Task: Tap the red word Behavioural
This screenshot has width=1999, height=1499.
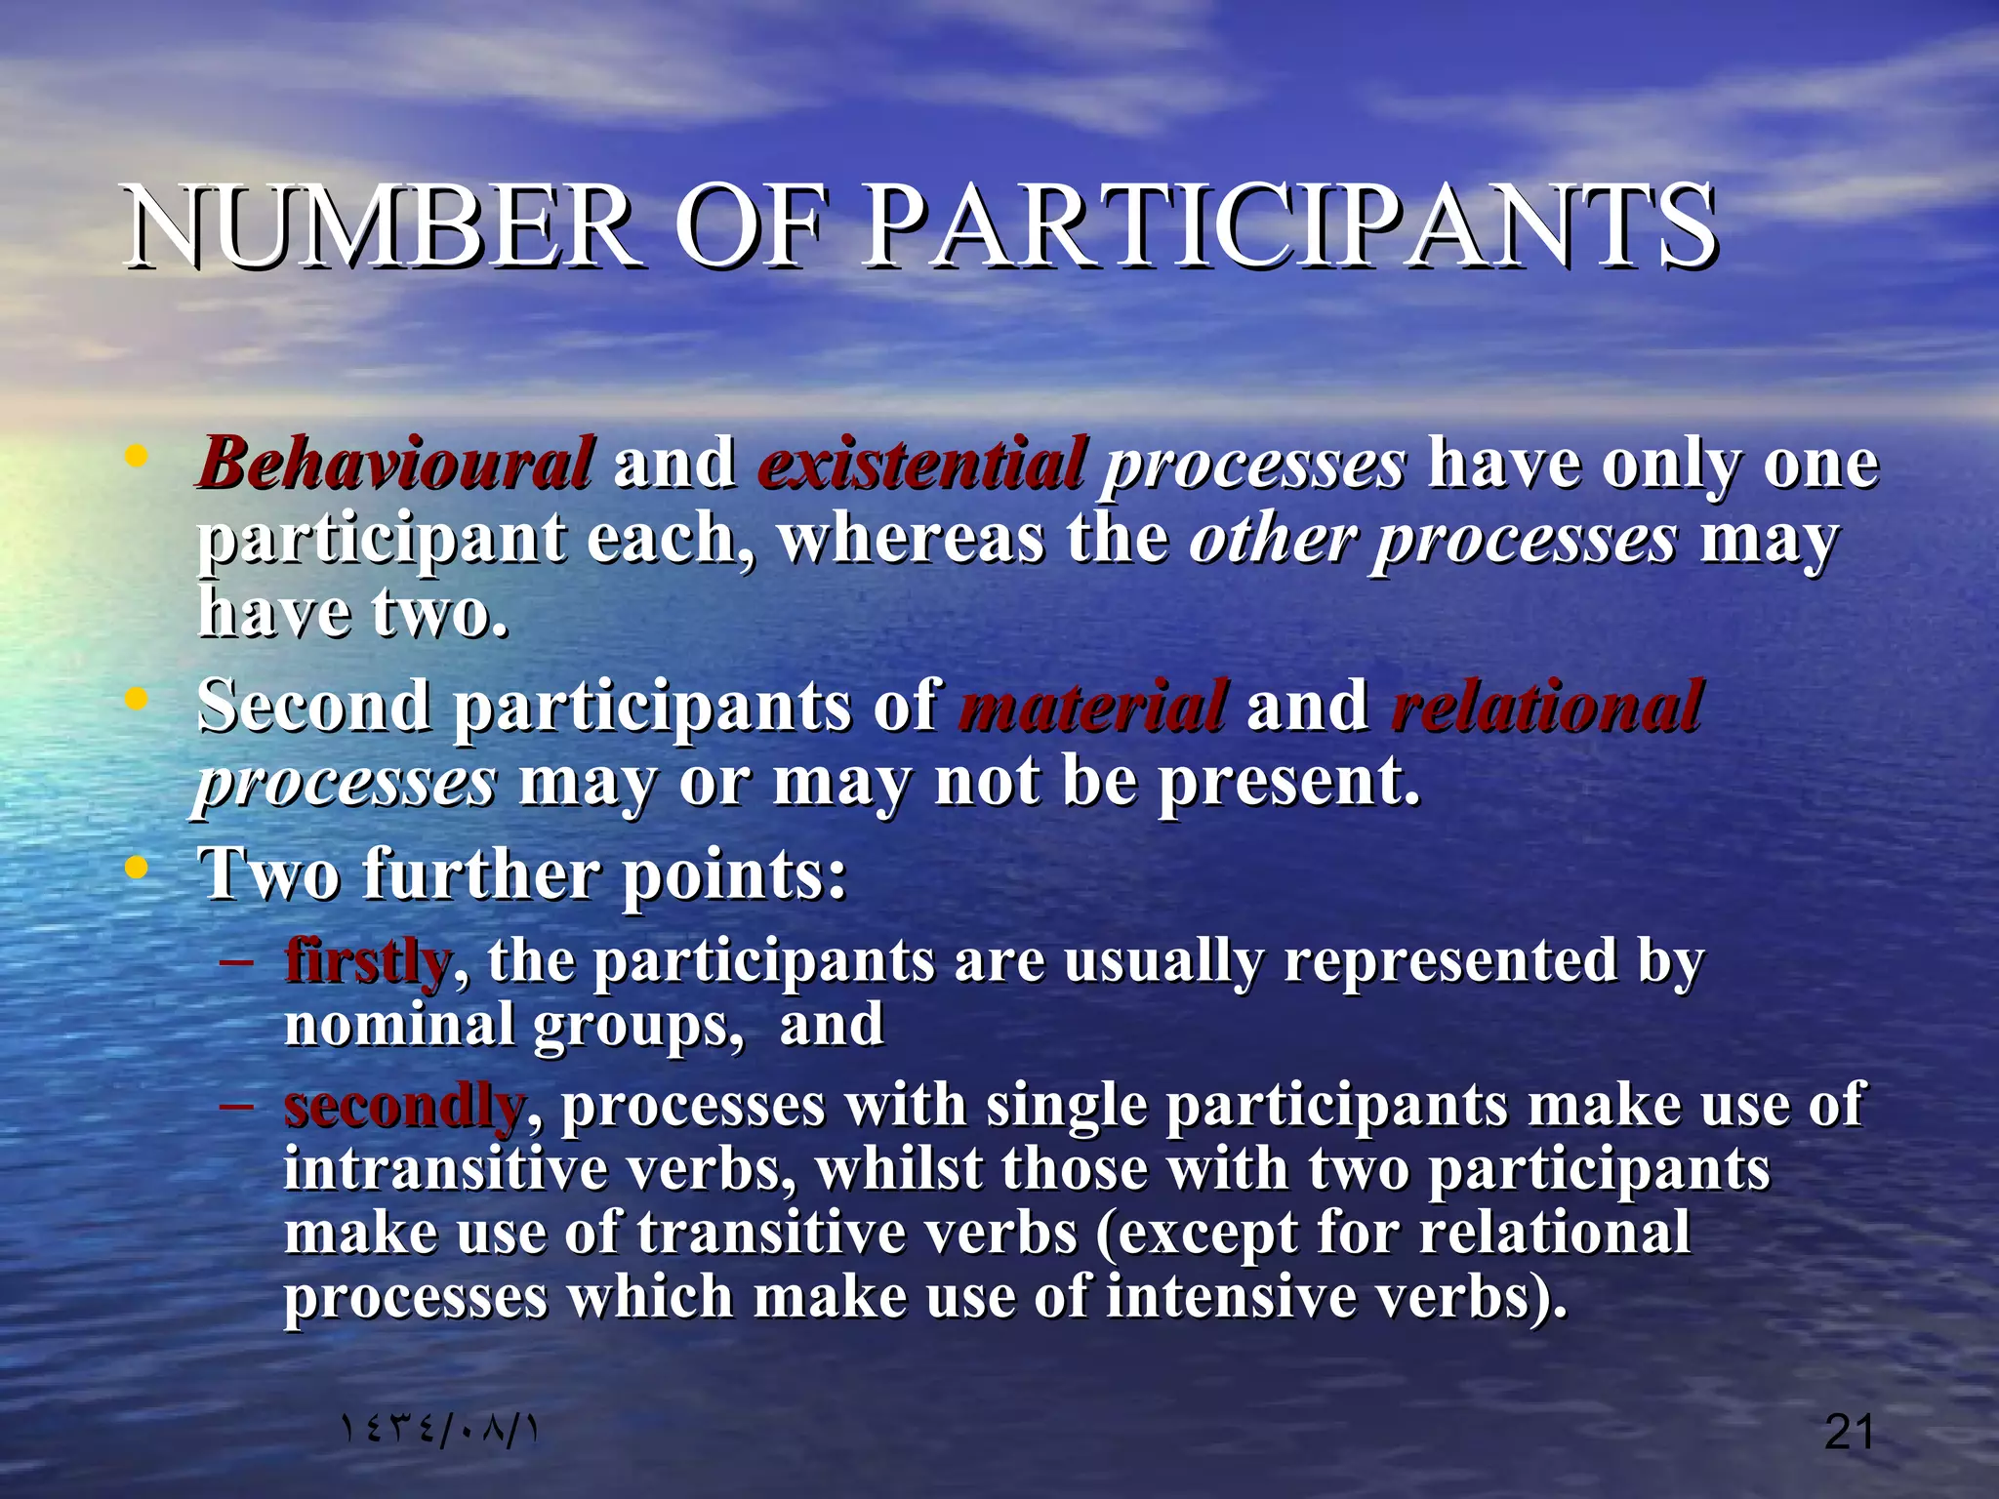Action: (x=395, y=463)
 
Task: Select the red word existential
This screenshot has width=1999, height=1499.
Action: (x=921, y=463)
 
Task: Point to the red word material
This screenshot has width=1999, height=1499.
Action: (x=1092, y=707)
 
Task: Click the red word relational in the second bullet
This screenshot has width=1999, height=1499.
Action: (x=1547, y=707)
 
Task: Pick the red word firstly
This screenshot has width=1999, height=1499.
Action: (x=367, y=961)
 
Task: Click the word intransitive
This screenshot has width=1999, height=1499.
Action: (x=445, y=1170)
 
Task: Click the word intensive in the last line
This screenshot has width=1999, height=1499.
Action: (x=1230, y=1298)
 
